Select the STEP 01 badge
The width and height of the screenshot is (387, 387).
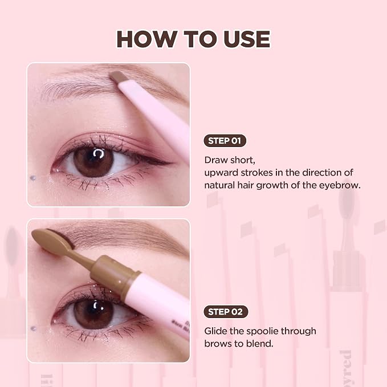225,141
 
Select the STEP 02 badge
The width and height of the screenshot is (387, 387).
226,312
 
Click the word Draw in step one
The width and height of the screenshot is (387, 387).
216,160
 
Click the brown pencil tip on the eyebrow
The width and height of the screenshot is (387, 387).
118,76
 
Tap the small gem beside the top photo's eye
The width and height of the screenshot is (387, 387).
33,177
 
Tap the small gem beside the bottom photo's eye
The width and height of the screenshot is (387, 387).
33,328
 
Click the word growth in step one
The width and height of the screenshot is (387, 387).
272,185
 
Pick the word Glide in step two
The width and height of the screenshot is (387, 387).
215,331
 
